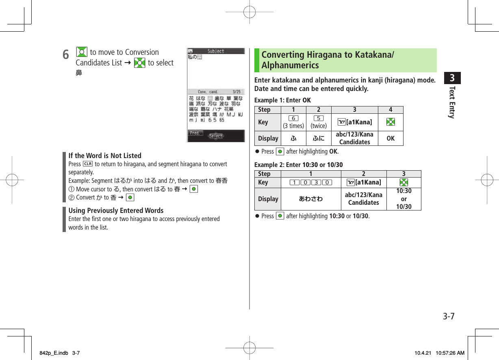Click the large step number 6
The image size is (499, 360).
(x=65, y=54)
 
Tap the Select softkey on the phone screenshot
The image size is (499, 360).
(x=216, y=136)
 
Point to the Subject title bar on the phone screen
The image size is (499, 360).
(x=216, y=51)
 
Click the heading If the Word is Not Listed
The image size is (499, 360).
(x=105, y=156)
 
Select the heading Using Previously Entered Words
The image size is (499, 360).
(x=116, y=210)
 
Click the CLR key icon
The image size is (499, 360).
(x=87, y=164)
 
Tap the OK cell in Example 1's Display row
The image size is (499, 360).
(x=391, y=139)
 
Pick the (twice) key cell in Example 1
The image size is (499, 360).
(x=319, y=122)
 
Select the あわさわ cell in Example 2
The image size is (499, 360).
(x=311, y=199)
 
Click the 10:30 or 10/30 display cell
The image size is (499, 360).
(x=404, y=199)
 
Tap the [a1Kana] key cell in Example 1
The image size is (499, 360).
(x=355, y=122)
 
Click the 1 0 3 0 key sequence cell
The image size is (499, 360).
(x=311, y=182)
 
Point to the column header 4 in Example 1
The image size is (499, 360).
(x=391, y=110)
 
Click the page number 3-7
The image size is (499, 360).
(x=448, y=317)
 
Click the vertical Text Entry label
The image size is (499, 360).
(x=452, y=102)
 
